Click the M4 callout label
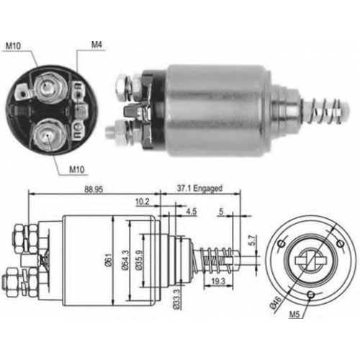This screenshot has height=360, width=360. pyautogui.click(x=96, y=45)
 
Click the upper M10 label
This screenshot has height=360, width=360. pyautogui.click(x=13, y=46)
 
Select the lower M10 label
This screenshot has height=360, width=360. pyautogui.click(x=77, y=170)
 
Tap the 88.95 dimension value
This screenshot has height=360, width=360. pyautogui.click(x=94, y=189)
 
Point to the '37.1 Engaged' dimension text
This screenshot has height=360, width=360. pyautogui.click(x=199, y=189)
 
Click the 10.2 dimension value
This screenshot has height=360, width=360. pyautogui.click(x=143, y=202)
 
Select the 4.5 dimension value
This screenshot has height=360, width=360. pyautogui.click(x=192, y=212)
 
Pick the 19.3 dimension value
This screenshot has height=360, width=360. pyautogui.click(x=218, y=282)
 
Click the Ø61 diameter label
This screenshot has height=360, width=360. pyautogui.click(x=108, y=260)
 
